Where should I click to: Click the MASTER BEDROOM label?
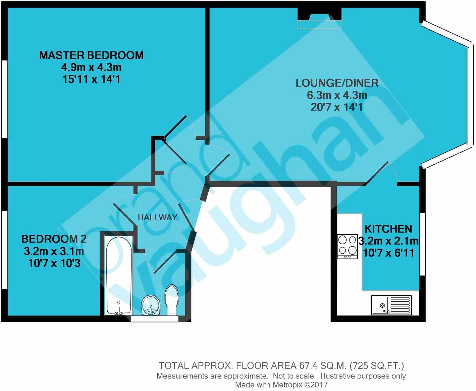91,55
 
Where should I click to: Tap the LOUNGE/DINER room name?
337,83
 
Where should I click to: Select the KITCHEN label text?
388,229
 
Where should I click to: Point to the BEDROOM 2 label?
54,239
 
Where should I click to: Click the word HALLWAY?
157,217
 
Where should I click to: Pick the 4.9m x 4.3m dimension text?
91,67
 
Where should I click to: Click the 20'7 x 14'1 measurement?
337,107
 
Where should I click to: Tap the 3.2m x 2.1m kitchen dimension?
388,241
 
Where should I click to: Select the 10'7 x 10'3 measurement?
54,263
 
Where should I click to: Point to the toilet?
171,300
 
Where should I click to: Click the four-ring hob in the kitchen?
347,246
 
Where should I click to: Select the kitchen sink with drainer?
391,305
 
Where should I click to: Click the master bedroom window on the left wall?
4,99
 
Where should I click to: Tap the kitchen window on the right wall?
423,244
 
